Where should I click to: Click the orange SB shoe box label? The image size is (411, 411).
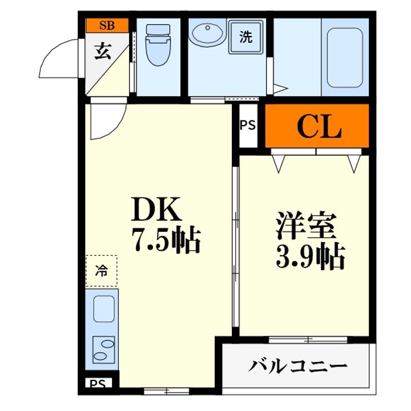(x=106, y=25)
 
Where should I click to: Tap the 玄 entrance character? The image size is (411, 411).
(x=103, y=52)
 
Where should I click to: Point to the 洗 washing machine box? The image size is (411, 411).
(x=246, y=37)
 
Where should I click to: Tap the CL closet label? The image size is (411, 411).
(x=319, y=128)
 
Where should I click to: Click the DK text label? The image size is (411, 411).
(x=156, y=211)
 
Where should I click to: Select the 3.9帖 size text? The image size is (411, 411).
(x=311, y=258)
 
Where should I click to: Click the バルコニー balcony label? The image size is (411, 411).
(x=297, y=365)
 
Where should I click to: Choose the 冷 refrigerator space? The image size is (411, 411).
(x=102, y=270)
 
